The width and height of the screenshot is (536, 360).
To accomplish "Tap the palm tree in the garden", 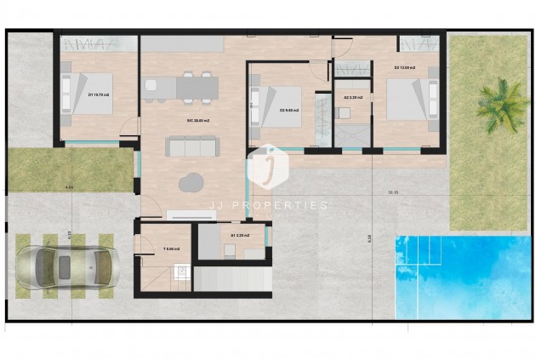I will [x=502, y=105].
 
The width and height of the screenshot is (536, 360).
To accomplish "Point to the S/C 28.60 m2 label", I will [x=198, y=121].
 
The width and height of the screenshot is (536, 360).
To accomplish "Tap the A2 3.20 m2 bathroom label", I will [x=352, y=98].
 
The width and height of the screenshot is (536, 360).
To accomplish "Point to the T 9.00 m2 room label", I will [x=169, y=249].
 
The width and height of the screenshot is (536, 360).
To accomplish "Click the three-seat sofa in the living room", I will [x=192, y=146].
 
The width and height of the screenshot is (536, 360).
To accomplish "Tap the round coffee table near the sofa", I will [x=191, y=181].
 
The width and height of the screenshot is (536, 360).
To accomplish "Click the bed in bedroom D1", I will [x=81, y=92].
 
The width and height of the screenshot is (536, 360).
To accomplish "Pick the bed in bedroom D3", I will [x=407, y=100].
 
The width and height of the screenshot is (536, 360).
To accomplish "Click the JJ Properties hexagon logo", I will [x=268, y=167].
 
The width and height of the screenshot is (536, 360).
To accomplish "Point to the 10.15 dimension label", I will [x=392, y=192].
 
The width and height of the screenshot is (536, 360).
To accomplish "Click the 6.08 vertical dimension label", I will [x=369, y=237].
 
